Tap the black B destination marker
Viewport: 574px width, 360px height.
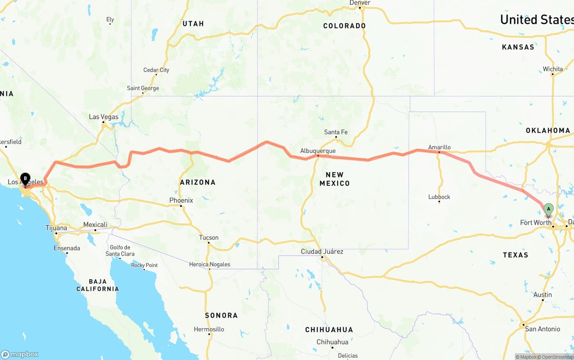point(25,179)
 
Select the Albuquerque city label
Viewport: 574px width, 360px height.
point(318,151)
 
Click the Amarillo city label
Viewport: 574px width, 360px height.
point(439,147)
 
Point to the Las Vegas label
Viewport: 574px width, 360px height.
point(104,117)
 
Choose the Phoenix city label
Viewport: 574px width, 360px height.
point(181,200)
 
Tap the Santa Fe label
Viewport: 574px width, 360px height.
point(336,132)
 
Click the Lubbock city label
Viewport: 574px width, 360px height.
point(439,197)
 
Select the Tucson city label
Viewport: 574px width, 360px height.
point(209,238)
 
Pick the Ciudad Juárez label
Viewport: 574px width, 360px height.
point(322,252)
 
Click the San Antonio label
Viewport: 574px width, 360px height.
point(543,329)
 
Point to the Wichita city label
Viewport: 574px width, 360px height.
point(552,69)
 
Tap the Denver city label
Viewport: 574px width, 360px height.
point(360,3)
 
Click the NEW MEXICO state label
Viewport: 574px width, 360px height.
point(335,179)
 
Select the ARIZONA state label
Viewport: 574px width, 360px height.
point(198,182)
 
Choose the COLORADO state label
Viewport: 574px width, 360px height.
point(344,26)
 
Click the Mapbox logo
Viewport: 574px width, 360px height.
point(20,354)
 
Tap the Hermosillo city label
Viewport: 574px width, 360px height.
point(209,329)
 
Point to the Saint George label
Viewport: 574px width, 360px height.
point(143,88)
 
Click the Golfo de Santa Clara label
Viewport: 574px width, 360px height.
point(120,251)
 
